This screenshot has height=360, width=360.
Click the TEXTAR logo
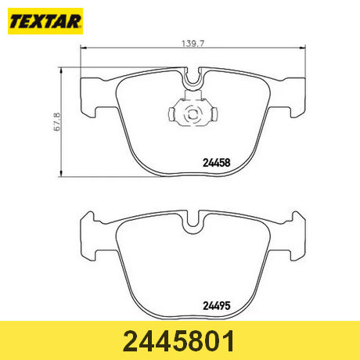[45, 21]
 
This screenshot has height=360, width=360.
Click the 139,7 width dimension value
[193, 44]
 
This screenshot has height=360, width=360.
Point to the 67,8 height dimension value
[57, 122]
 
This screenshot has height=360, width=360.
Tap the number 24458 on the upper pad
[217, 163]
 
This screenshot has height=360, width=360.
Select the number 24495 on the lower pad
[217, 306]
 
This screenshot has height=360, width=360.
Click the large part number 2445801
[179, 341]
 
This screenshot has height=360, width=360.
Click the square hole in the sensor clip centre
[193, 114]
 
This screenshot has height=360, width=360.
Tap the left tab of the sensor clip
[172, 114]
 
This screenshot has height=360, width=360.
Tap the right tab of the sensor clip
[214, 114]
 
